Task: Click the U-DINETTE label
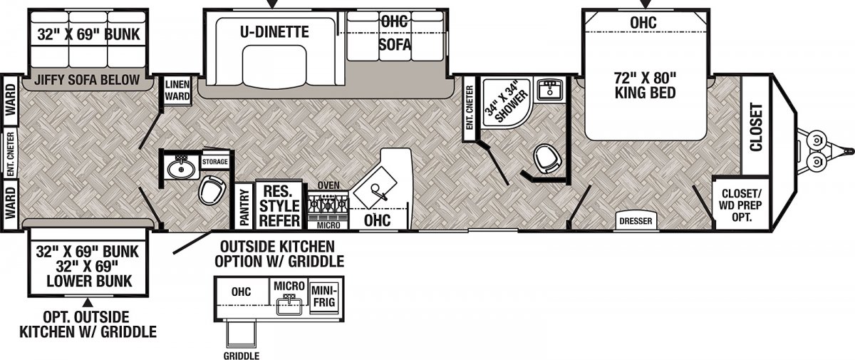(274, 31)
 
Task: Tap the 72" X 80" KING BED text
(645, 85)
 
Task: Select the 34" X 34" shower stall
(507, 103)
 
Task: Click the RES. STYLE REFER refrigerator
(279, 205)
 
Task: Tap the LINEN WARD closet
(177, 90)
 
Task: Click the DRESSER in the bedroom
(636, 221)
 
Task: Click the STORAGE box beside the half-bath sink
(215, 162)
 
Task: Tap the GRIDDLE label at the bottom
(242, 356)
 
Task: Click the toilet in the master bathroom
(549, 160)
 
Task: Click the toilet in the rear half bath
(212, 190)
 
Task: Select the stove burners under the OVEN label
(328, 205)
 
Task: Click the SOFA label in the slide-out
(395, 45)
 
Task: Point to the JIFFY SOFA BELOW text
(87, 80)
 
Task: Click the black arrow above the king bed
(645, 4)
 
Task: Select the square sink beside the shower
(549, 89)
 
